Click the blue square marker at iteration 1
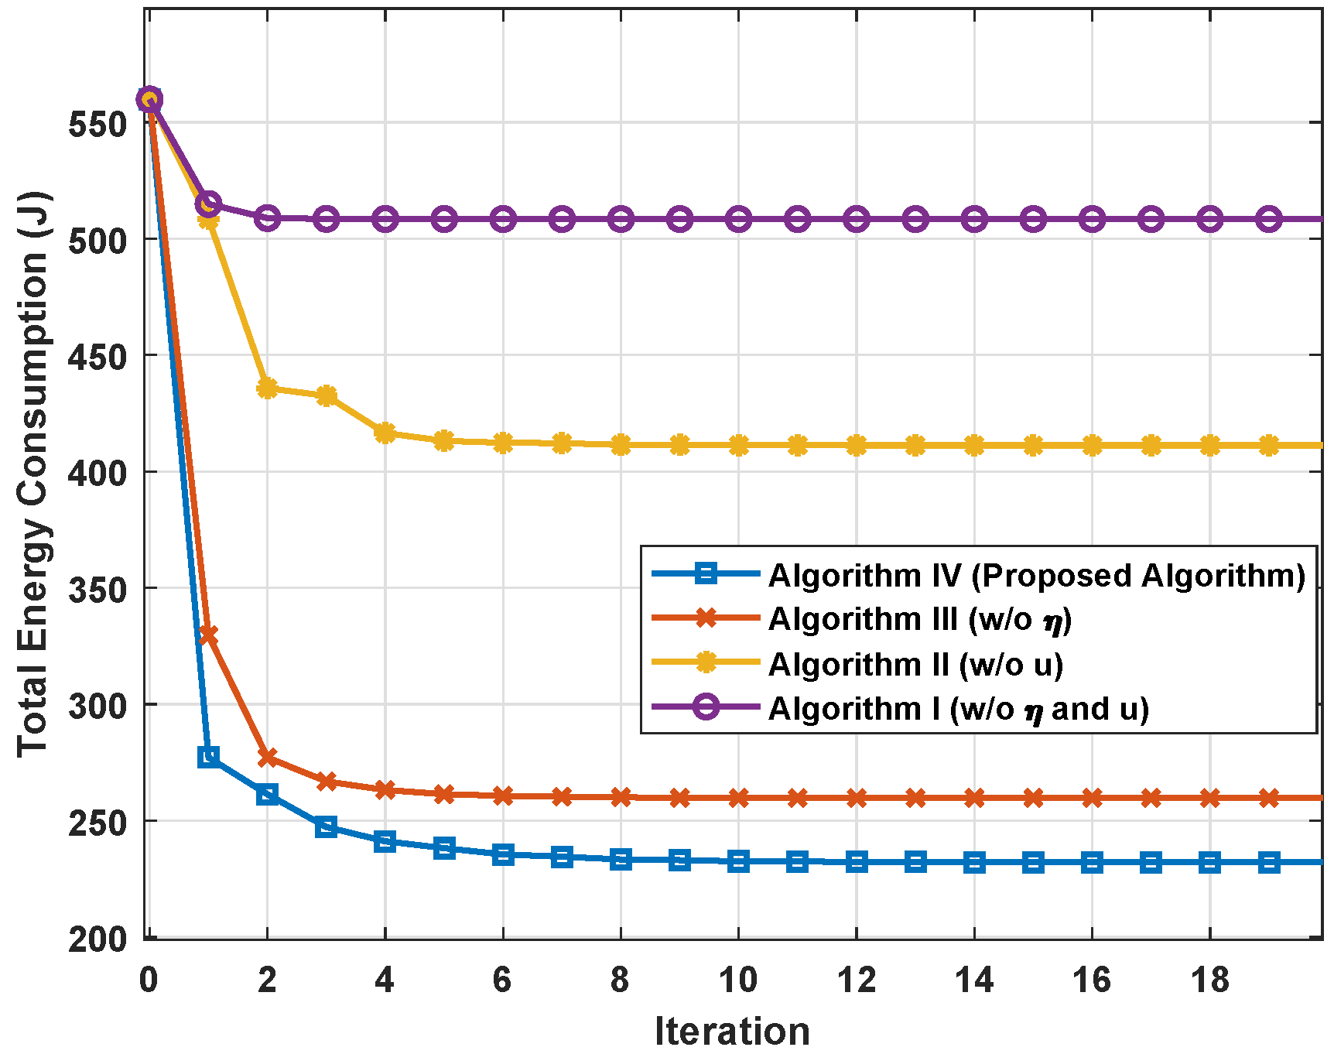[x=208, y=757]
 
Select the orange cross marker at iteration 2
[x=267, y=758]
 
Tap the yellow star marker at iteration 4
[x=385, y=433]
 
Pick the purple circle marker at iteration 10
[x=738, y=219]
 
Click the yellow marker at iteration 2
[x=267, y=388]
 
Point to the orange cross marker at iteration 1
[x=208, y=635]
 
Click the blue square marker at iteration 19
[x=1268, y=862]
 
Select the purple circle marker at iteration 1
[x=208, y=204]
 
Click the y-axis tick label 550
[x=97, y=124]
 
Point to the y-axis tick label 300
[x=97, y=706]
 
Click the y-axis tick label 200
[x=97, y=939]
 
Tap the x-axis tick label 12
[x=856, y=980]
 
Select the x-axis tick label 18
[x=1209, y=980]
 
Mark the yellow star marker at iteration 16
[x=1092, y=446]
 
